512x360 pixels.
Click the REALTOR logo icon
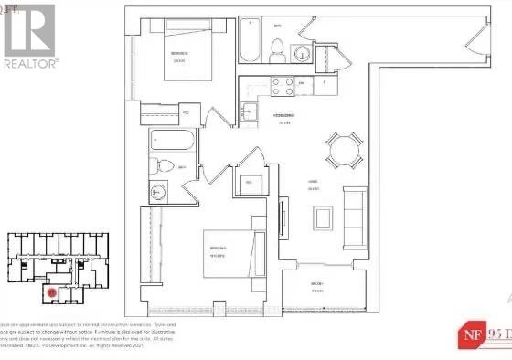(29, 30)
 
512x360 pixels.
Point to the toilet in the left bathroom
(162, 168)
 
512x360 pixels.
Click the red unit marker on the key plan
(52, 294)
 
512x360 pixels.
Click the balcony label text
(315, 284)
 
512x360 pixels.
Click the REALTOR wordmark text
(31, 63)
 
